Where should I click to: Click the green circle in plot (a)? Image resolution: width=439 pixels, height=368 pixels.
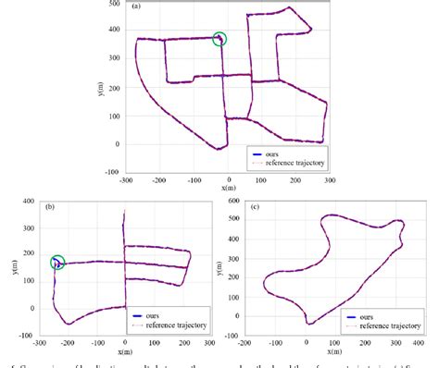219,39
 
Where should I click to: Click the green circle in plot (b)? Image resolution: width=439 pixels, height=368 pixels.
58,263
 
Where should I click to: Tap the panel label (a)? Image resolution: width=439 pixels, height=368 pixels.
137,6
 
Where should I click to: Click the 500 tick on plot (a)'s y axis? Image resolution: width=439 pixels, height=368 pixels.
113,4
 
